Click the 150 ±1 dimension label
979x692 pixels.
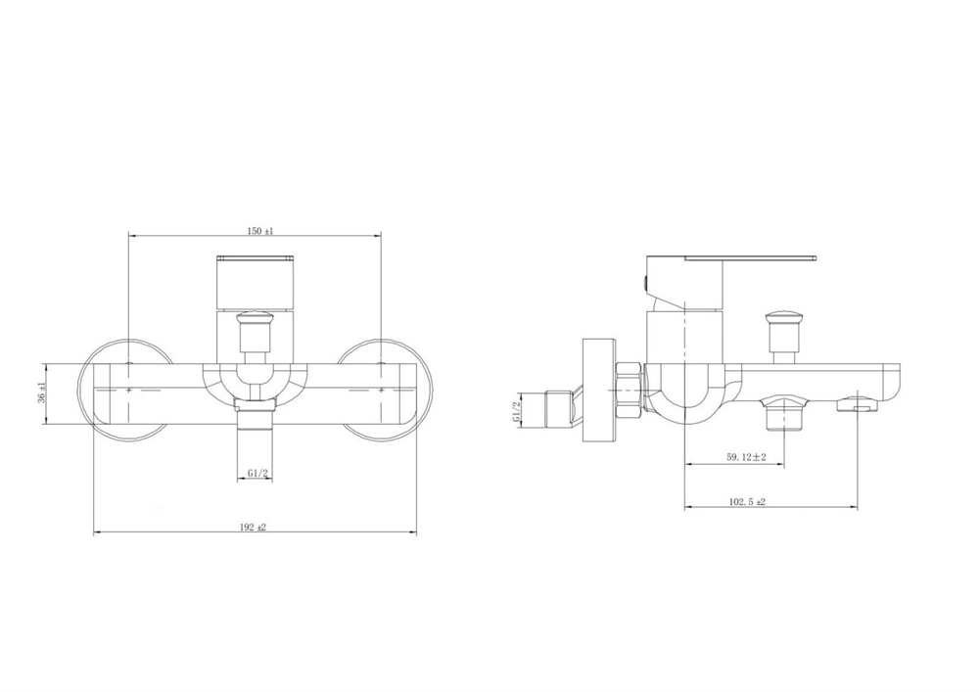260,231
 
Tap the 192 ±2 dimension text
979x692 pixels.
253,528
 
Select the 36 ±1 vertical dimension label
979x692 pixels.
41,393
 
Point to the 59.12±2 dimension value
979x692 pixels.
746,457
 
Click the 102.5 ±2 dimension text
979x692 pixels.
747,501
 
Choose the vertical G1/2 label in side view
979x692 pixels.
516,410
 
